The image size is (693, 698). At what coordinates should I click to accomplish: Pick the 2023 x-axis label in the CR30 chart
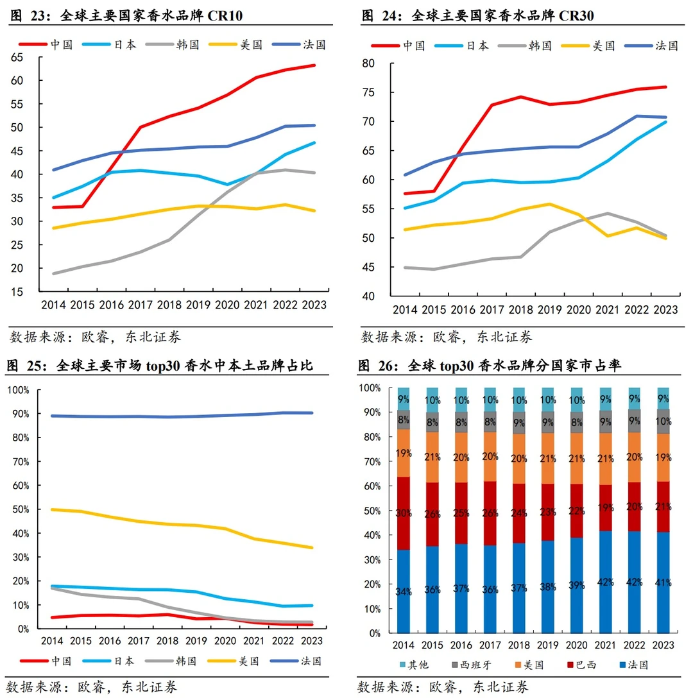point(665,310)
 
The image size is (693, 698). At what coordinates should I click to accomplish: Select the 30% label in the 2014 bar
point(403,513)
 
